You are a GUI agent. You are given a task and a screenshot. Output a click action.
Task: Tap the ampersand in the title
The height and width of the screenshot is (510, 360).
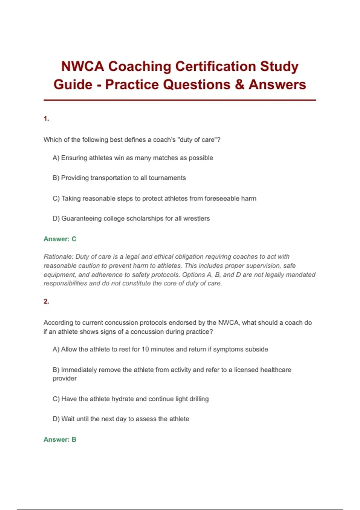tap(240, 85)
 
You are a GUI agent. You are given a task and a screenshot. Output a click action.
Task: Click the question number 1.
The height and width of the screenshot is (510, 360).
tap(46, 119)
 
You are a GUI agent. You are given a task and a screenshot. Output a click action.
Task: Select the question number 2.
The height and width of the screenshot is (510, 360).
tap(46, 301)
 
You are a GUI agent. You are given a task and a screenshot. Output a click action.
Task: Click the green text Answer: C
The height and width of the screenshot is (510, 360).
tap(60, 239)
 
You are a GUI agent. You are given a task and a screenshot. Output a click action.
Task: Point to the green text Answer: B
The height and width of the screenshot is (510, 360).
tap(60, 439)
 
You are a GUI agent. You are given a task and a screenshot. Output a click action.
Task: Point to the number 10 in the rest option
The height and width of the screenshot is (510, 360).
tap(145, 349)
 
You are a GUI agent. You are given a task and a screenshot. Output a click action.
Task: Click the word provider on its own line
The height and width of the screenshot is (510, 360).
tap(64, 379)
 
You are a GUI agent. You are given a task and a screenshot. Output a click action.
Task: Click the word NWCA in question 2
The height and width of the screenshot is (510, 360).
tap(228, 323)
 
